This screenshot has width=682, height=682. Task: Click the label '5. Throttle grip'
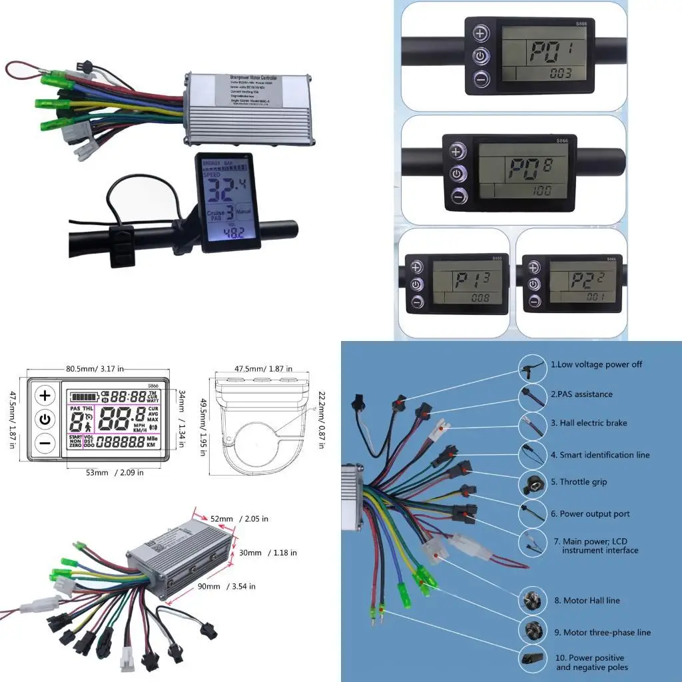(x=583, y=482)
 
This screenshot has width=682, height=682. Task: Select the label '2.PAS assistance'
(x=581, y=394)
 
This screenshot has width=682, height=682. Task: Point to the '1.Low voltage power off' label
(x=596, y=364)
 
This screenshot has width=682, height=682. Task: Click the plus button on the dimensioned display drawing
(x=45, y=396)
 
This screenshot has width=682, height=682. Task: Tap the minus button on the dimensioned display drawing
(x=45, y=442)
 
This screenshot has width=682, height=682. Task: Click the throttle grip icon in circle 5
(x=532, y=482)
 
